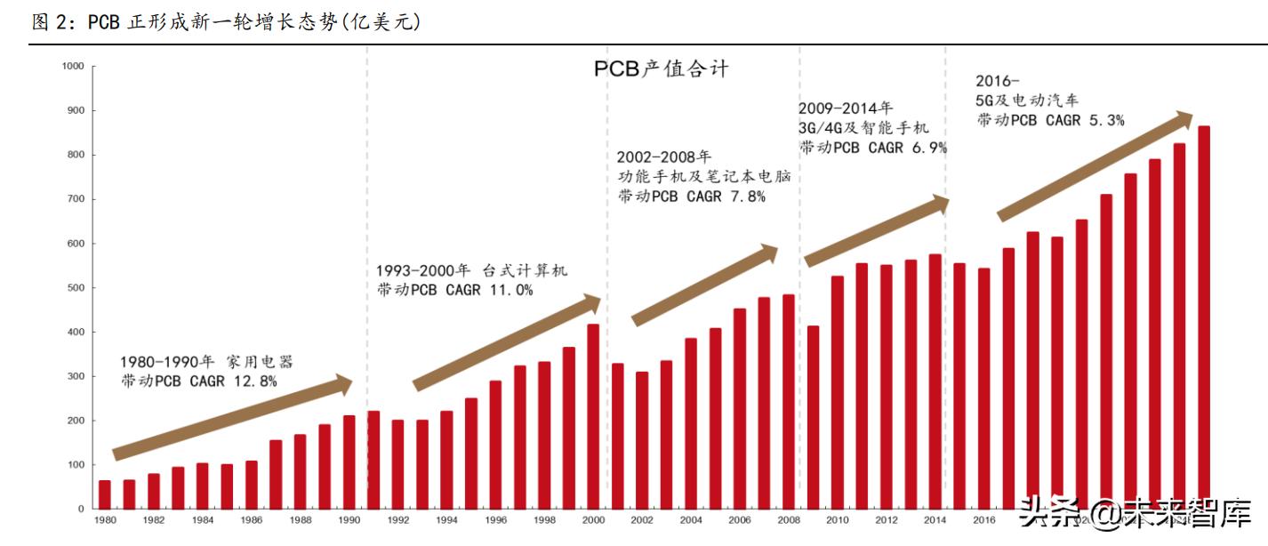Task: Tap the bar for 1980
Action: [x=105, y=494]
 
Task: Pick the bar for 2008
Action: [x=788, y=401]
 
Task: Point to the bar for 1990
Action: [x=349, y=462]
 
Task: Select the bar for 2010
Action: [x=837, y=392]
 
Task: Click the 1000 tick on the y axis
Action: [x=73, y=67]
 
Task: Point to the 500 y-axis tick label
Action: [x=75, y=288]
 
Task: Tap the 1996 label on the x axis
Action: [x=495, y=520]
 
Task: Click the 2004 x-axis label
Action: [x=691, y=520]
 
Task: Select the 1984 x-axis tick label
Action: [x=202, y=520]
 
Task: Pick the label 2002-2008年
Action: [x=664, y=157]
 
